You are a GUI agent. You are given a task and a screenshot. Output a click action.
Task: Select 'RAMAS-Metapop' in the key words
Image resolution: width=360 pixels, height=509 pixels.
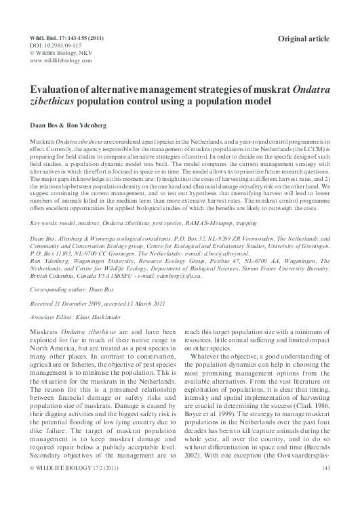coord(224,222)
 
